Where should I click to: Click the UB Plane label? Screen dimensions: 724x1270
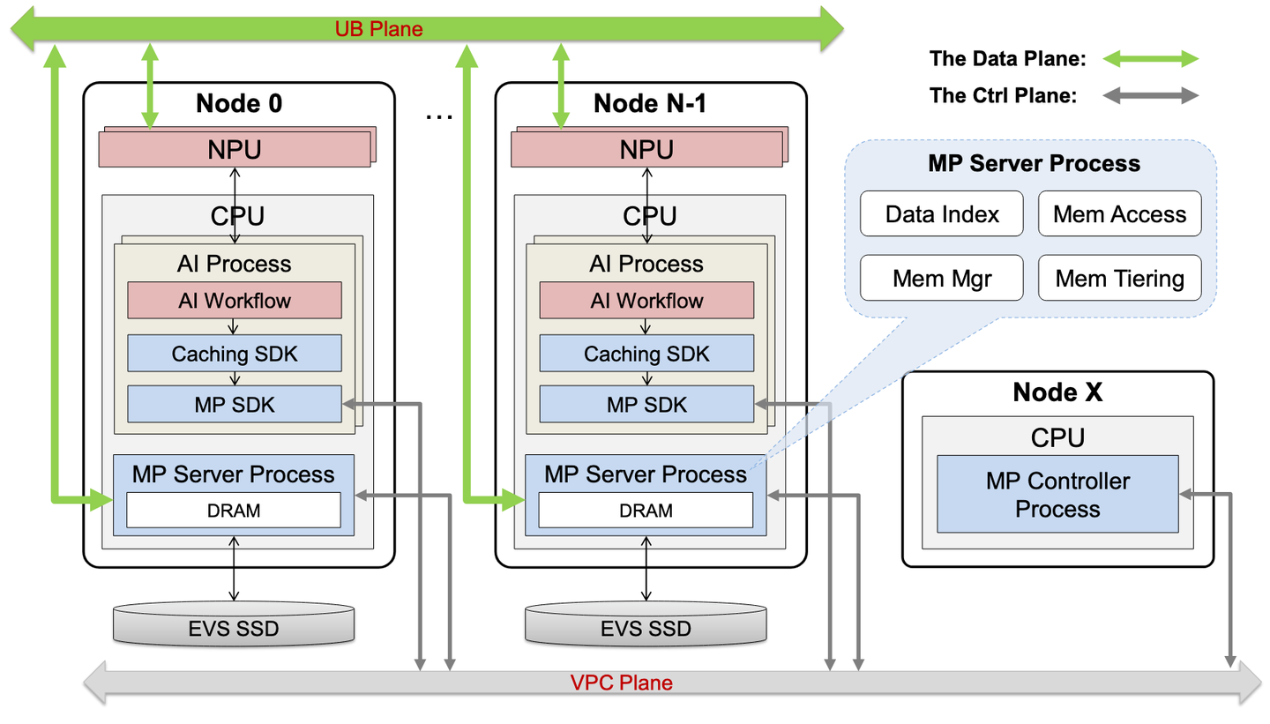(x=378, y=29)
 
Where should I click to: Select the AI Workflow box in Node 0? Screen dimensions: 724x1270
(x=234, y=301)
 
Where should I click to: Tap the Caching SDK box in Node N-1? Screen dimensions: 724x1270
(x=646, y=354)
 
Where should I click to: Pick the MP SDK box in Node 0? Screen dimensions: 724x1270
(x=234, y=404)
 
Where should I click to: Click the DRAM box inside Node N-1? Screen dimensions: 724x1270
(x=646, y=510)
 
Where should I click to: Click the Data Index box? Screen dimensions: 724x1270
(x=941, y=214)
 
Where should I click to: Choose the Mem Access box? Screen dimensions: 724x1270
(x=1119, y=214)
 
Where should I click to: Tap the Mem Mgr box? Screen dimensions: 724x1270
(x=941, y=279)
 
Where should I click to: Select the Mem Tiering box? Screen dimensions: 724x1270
(x=1119, y=279)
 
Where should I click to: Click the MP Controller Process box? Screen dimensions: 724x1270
(x=1057, y=494)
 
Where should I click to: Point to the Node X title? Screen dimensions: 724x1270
(x=1057, y=392)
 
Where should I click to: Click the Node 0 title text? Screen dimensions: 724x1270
(x=238, y=103)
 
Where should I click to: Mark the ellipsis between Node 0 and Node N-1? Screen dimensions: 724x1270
(x=437, y=116)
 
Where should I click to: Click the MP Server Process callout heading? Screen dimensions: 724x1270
(x=1034, y=164)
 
